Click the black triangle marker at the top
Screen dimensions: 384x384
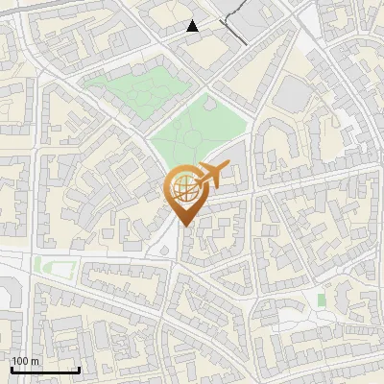click(x=193, y=26)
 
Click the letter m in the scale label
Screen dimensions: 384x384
click(x=35, y=360)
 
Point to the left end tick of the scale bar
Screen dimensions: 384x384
click(x=12, y=369)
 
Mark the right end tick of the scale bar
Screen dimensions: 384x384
click(x=79, y=369)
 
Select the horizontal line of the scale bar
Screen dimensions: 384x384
click(x=45, y=371)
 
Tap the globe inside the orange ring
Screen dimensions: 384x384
click(x=185, y=188)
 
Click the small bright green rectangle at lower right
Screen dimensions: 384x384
click(x=322, y=300)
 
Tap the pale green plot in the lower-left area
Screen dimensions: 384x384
click(x=45, y=265)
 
